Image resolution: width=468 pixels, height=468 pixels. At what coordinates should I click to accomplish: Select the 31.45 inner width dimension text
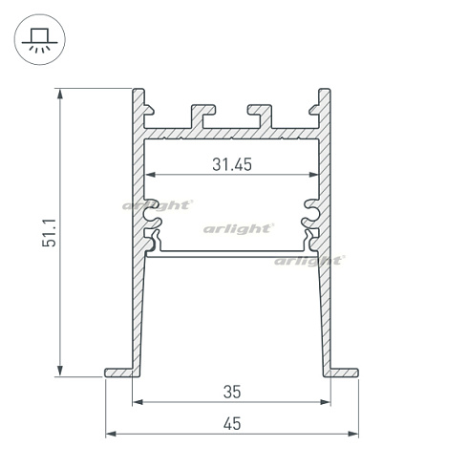(x=231, y=164)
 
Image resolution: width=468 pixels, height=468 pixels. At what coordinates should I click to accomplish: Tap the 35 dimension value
(x=231, y=391)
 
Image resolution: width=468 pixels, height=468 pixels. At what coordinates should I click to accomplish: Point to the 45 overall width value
(x=231, y=423)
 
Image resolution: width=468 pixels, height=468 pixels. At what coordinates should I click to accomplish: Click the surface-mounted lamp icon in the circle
(x=39, y=40)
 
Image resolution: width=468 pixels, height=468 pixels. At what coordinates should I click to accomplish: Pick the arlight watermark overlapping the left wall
(x=158, y=203)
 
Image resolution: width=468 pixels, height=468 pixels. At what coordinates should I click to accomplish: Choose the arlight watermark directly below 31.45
(x=239, y=228)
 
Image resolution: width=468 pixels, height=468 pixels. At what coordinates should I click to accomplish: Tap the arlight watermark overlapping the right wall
(x=308, y=260)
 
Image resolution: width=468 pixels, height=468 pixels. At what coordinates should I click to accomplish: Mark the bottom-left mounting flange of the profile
(x=118, y=371)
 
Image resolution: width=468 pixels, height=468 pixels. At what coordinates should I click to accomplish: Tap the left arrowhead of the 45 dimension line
(x=109, y=434)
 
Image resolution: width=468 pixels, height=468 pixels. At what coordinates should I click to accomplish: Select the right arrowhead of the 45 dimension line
(x=353, y=434)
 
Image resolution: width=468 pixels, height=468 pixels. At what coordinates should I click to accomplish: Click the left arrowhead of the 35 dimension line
(x=137, y=402)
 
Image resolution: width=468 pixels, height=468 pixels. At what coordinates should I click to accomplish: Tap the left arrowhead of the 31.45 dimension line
(x=148, y=176)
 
